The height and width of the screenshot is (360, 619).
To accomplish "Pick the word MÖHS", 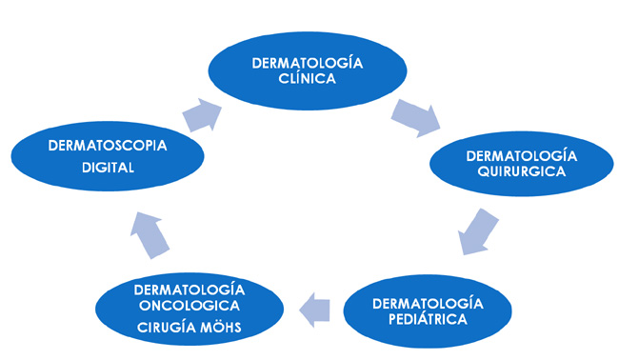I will (x=219, y=329).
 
